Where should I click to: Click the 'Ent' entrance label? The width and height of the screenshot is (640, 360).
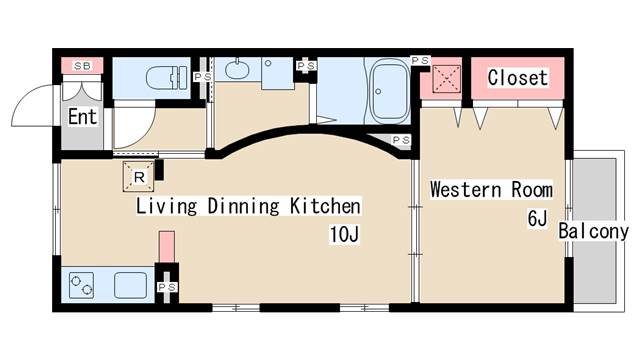pos(83,117)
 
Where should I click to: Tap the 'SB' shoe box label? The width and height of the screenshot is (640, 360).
pos(82,65)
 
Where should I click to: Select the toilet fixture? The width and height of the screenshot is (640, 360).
pos(167,78)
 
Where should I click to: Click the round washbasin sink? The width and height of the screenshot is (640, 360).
pos(237,69)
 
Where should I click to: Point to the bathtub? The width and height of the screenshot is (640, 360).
pos(389,91)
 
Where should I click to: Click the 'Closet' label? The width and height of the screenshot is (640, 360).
pos(518,77)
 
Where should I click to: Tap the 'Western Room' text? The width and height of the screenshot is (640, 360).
pos(491,190)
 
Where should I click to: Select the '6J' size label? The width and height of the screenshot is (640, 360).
pos(537,219)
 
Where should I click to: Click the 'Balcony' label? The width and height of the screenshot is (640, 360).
pos(593,231)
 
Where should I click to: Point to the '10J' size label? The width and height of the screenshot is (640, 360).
pos(344,234)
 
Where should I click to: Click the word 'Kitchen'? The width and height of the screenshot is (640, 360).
pos(325,206)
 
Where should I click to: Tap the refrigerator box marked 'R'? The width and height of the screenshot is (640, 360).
pos(139,176)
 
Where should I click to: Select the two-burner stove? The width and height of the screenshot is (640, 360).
pos(81,285)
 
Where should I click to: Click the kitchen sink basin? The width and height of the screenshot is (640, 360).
pos(130,285)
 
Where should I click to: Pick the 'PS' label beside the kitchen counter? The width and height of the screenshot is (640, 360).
pos(167,287)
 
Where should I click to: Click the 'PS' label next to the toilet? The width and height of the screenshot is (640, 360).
pos(202,77)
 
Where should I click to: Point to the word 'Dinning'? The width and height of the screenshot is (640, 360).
pos(244,206)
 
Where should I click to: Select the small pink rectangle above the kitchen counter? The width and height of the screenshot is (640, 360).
pos(167,247)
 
